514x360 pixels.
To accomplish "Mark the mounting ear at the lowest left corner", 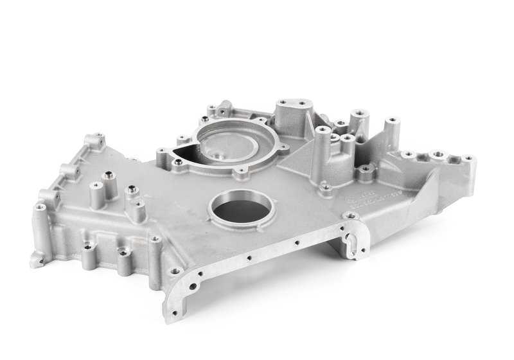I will pos(37,260).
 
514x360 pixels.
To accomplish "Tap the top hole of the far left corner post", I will pos(40,208).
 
